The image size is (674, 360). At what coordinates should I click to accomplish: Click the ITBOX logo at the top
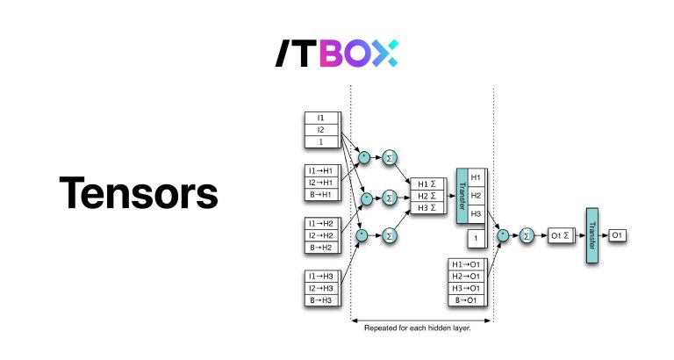click(x=337, y=54)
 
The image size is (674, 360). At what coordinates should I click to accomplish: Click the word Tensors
click(x=138, y=193)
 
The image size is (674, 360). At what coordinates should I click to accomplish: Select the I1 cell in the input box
click(x=320, y=117)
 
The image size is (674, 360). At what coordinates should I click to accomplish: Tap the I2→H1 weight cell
click(x=320, y=182)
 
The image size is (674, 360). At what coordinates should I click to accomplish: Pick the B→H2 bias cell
click(x=320, y=247)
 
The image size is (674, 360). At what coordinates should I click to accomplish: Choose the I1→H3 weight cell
click(x=320, y=277)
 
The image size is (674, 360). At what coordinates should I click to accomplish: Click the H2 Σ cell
click(x=427, y=195)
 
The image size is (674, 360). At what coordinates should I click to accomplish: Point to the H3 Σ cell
click(x=427, y=207)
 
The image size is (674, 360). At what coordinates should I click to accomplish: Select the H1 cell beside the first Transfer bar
click(x=476, y=177)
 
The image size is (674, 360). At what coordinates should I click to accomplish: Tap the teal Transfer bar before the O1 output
click(x=592, y=234)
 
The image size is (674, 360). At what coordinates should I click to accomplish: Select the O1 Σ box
click(x=559, y=235)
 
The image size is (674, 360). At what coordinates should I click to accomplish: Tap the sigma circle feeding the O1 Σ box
click(x=527, y=235)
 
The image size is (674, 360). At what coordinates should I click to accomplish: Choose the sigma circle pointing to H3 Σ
click(x=390, y=234)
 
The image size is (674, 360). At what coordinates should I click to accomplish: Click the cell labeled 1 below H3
click(x=476, y=238)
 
